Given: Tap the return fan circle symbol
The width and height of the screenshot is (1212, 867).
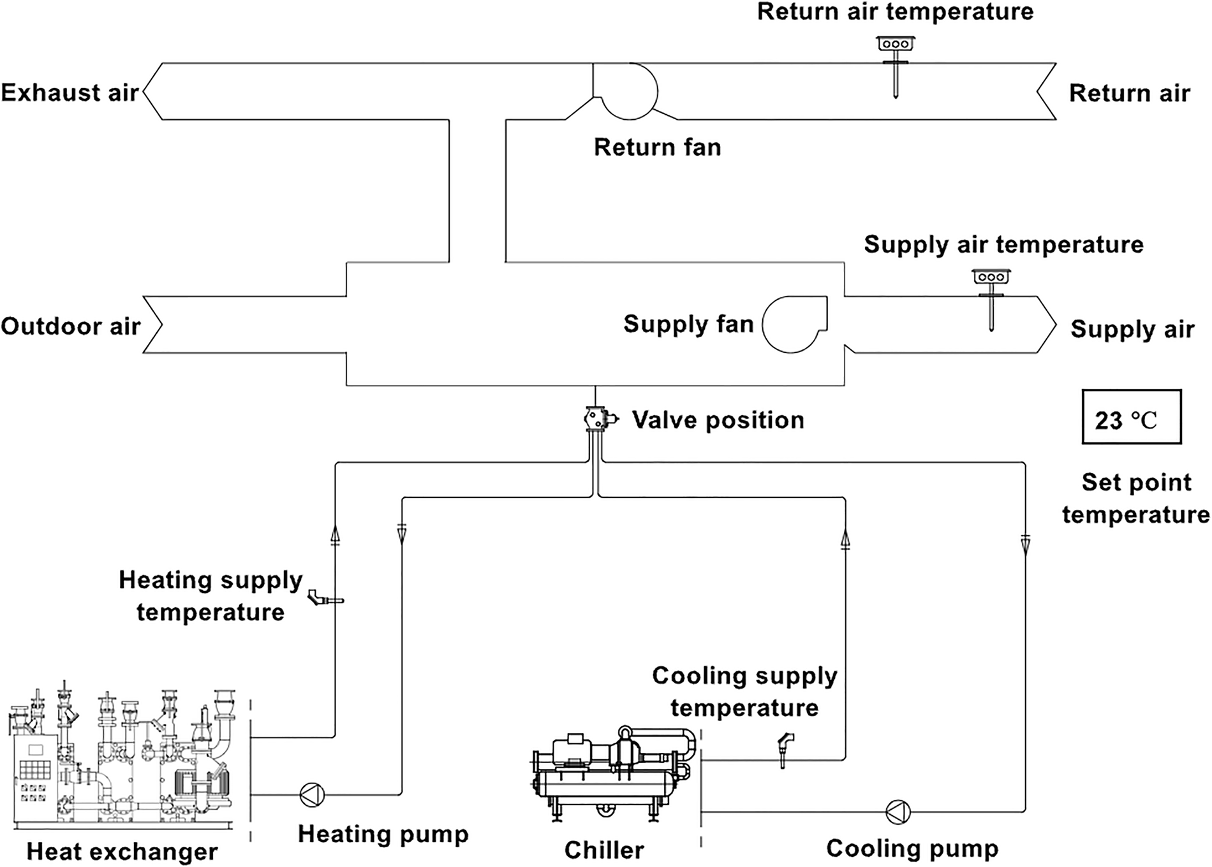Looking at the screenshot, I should click(629, 91).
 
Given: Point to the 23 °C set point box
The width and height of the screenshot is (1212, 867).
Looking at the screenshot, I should click(1131, 417).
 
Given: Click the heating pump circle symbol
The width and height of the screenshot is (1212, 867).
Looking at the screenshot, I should click(312, 794).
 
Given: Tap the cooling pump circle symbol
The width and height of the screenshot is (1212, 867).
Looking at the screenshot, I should click(898, 812).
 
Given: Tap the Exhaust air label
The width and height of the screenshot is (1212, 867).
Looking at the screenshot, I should click(70, 92).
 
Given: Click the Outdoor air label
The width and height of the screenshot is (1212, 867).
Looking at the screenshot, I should click(70, 326).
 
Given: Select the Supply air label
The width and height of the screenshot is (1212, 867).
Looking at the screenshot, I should click(1132, 329).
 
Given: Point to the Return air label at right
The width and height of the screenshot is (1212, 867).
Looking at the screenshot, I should click(1129, 93).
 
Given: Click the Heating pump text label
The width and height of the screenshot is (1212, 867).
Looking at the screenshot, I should click(383, 834).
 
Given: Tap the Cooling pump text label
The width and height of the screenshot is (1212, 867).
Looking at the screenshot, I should click(912, 848).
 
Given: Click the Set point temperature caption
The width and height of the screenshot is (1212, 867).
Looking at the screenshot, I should click(1135, 498).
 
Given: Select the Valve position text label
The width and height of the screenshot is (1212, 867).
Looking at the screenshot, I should click(718, 420).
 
